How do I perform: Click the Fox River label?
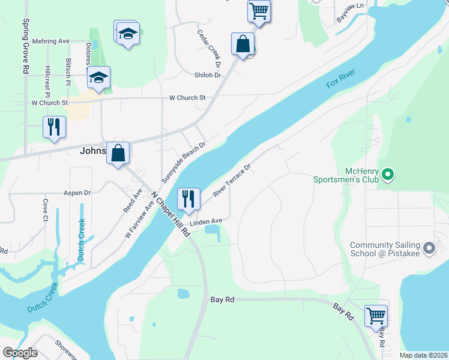(341, 79)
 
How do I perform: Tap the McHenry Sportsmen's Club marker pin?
(388, 175)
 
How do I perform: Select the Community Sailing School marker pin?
(429, 248)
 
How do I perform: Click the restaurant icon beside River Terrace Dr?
(188, 199)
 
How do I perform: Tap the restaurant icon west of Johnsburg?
(54, 127)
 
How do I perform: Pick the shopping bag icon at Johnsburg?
(119, 153)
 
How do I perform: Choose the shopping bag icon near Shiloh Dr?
(243, 44)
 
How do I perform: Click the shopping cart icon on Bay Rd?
(376, 316)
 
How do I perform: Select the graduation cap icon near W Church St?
(98, 77)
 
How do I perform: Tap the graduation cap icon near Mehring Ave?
(127, 33)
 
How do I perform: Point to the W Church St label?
(187, 97)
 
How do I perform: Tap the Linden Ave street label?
(206, 221)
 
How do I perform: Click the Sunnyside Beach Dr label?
(184, 162)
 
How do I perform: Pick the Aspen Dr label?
(77, 193)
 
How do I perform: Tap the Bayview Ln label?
(350, 13)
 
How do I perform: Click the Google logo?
(20, 353)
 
